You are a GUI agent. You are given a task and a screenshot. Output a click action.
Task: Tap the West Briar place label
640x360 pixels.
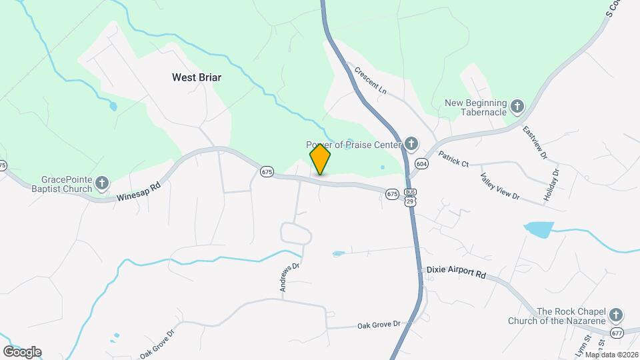coord(196,77)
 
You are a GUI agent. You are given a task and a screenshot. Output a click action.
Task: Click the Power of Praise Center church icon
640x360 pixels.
coord(411,144)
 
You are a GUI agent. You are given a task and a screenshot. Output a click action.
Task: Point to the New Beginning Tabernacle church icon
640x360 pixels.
coord(517,106)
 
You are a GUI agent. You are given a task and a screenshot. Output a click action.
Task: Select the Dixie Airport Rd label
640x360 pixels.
coord(456,273)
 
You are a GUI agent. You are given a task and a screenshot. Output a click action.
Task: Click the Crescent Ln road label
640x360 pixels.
coord(370,79)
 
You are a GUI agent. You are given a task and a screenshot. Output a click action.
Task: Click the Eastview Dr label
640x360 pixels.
coord(535,143)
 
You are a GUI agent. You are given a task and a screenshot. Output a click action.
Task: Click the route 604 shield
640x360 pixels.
coord(421,163)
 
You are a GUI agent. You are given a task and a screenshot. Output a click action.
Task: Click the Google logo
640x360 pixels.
coord(22,352)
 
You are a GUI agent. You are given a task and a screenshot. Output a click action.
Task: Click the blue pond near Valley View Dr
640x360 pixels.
coord(539,230)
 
